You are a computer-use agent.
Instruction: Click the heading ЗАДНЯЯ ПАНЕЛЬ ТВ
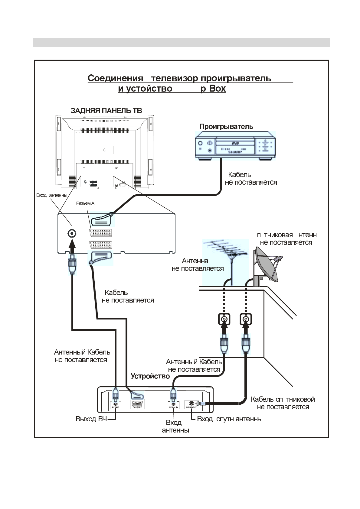click(x=106, y=111)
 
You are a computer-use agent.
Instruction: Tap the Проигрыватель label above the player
click(x=226, y=127)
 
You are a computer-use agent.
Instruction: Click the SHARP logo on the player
click(x=235, y=152)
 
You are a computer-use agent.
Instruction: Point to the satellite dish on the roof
click(x=268, y=264)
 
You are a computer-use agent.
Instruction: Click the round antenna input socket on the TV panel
click(x=72, y=233)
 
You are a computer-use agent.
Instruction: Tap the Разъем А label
click(x=85, y=203)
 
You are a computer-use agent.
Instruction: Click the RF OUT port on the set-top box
click(x=115, y=404)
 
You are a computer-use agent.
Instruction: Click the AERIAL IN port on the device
click(x=173, y=404)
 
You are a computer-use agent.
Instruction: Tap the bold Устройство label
click(x=150, y=376)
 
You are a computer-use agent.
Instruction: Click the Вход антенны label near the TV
click(x=52, y=195)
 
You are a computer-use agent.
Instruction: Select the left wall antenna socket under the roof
click(x=224, y=319)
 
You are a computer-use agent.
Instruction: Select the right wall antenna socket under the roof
click(x=246, y=319)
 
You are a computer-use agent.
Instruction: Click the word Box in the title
click(x=217, y=89)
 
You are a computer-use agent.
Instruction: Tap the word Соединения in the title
click(x=115, y=78)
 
